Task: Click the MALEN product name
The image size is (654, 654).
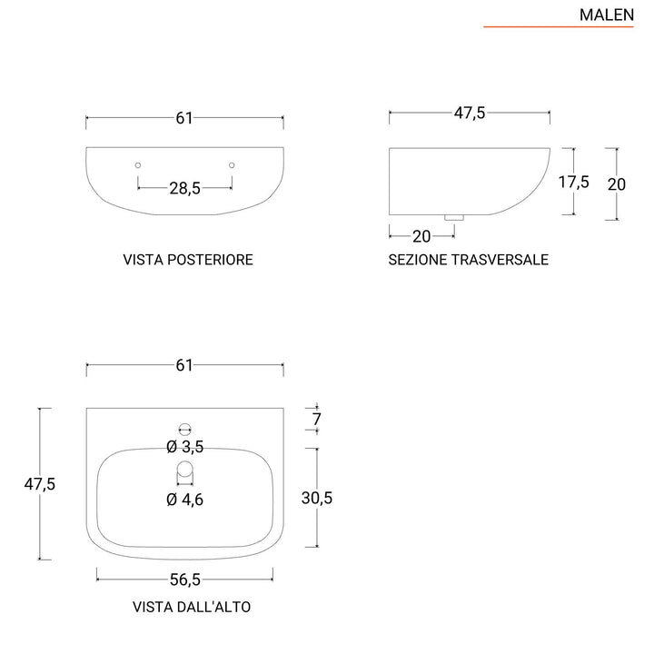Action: click(606, 15)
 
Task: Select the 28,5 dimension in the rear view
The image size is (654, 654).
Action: click(184, 188)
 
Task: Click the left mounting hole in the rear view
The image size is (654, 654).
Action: click(137, 164)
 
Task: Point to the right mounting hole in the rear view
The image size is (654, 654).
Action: click(233, 164)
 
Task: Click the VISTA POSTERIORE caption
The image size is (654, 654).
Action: click(188, 260)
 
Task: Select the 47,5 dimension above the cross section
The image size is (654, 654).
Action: click(470, 114)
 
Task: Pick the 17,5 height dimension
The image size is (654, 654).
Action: click(573, 182)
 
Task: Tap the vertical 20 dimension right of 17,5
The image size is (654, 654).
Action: click(617, 183)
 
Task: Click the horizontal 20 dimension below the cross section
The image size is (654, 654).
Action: click(421, 236)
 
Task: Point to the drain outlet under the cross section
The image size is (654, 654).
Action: click(453, 216)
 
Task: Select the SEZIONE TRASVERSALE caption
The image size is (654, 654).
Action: click(469, 260)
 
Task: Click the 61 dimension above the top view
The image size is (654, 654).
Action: click(184, 365)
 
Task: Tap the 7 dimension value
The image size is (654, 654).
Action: click(317, 419)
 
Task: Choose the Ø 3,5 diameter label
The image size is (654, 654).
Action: click(184, 446)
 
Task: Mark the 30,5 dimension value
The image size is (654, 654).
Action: click(317, 497)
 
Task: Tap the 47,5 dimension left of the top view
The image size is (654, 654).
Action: click(40, 484)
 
